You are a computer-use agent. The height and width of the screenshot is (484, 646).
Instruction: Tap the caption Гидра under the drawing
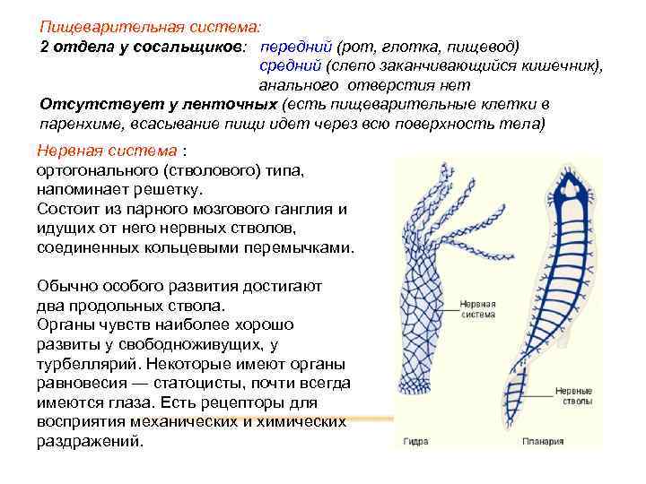[415, 442]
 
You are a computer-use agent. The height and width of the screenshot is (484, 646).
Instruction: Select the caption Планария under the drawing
[545, 442]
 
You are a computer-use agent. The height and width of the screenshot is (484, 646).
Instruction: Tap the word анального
[297, 85]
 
